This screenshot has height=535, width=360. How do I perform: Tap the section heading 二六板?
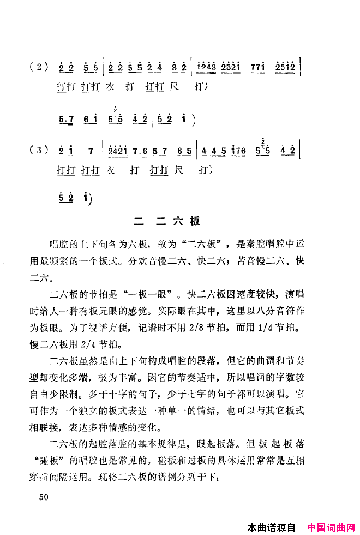167,221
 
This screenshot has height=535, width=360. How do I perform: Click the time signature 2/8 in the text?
216,331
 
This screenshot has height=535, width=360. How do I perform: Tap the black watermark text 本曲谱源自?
271,528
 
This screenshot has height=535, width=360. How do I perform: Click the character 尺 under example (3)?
177,170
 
